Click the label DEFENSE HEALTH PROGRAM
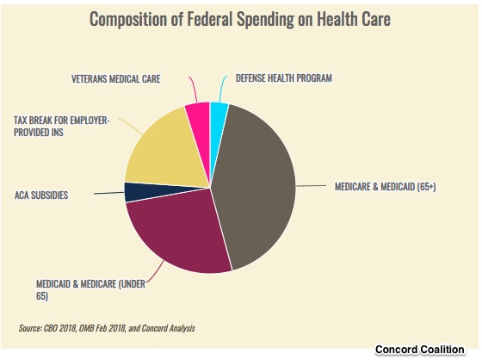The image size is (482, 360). (x=284, y=78)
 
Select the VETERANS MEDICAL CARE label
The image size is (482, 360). (x=116, y=78)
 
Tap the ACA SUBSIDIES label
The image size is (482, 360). (x=41, y=196)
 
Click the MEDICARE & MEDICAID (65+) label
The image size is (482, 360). (x=386, y=187)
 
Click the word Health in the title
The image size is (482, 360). (x=337, y=18)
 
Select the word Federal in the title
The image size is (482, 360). (x=210, y=18)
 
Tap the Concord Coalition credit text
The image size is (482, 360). (x=420, y=350)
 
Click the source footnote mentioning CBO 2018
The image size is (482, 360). (x=107, y=328)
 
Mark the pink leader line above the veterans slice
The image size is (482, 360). (x=194, y=90)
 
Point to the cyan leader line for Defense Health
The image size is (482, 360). (x=223, y=89)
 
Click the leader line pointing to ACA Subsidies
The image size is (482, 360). (x=108, y=193)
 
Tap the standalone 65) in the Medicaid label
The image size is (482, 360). (x=42, y=296)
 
